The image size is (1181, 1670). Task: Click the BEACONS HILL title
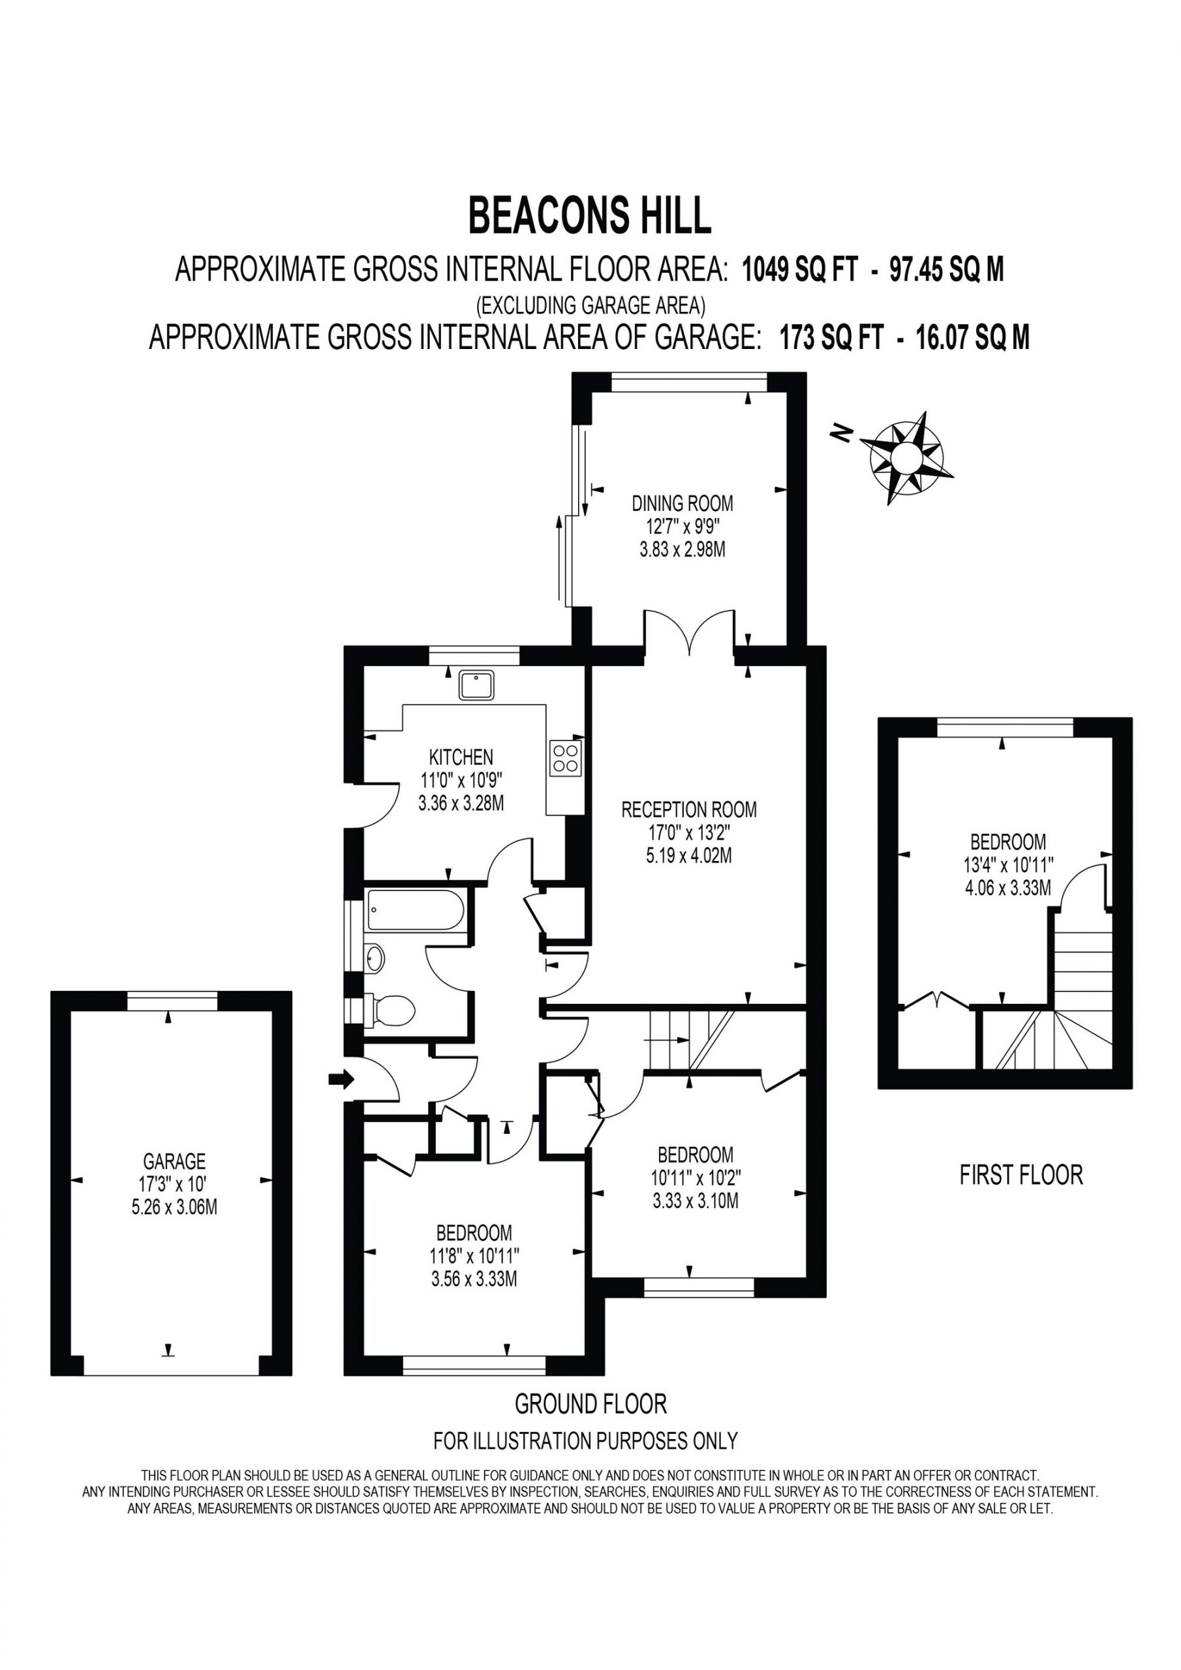pyautogui.click(x=589, y=216)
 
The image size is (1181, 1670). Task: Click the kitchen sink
pyautogui.click(x=476, y=684)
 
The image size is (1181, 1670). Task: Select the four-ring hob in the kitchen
pyautogui.click(x=566, y=758)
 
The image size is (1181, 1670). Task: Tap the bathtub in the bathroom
pyautogui.click(x=416, y=909)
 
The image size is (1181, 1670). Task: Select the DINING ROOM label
pyautogui.click(x=682, y=502)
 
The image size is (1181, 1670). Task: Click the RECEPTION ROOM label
pyautogui.click(x=688, y=810)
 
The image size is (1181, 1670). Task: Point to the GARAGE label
pyautogui.click(x=174, y=1161)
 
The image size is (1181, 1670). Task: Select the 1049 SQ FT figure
pyautogui.click(x=798, y=270)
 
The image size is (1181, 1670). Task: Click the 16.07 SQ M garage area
pyautogui.click(x=973, y=337)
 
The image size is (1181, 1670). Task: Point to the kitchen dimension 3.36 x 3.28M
pyautogui.click(x=461, y=804)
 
